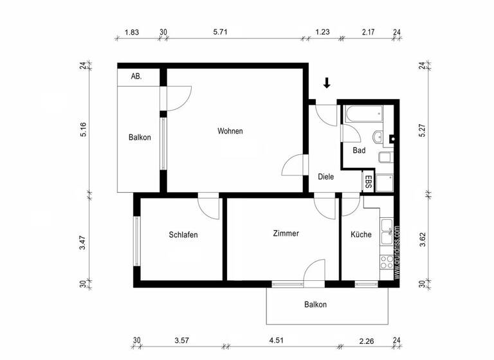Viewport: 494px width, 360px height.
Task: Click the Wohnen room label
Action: click(x=230, y=131)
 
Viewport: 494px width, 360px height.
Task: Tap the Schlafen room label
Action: click(x=183, y=235)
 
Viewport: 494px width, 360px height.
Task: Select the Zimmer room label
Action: click(x=286, y=233)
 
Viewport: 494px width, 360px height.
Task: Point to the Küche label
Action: click(x=361, y=235)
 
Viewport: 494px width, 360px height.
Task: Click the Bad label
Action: click(x=359, y=150)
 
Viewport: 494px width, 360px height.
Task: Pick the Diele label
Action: click(x=325, y=177)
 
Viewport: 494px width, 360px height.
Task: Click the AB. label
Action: click(x=136, y=76)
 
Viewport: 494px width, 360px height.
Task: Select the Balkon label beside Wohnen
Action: click(x=140, y=137)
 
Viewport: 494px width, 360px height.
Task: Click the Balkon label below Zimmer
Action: click(x=315, y=305)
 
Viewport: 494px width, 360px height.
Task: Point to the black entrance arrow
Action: click(x=327, y=82)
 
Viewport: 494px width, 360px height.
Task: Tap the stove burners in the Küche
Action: click(x=387, y=262)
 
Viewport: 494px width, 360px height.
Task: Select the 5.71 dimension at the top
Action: click(x=230, y=31)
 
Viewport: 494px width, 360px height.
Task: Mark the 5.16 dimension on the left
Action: click(x=83, y=129)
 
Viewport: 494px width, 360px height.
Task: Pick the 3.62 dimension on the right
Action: click(x=423, y=240)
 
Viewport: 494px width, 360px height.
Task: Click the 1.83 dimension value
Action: click(x=132, y=31)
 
